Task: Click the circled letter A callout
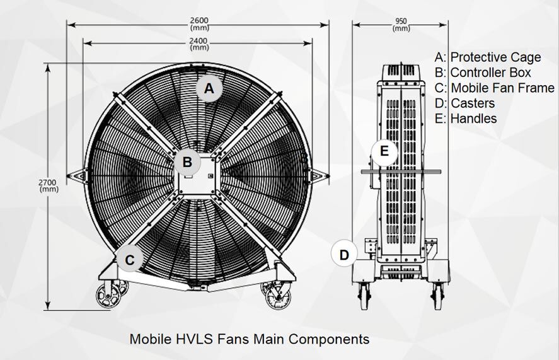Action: tap(209, 88)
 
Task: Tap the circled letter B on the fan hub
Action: tap(187, 162)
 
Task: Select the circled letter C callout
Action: tap(130, 260)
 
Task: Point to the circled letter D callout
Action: tap(344, 255)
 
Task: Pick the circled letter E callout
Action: tap(384, 151)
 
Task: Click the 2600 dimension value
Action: tap(199, 21)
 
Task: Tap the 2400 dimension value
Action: tap(199, 41)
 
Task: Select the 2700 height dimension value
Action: tap(48, 183)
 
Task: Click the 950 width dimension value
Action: tap(401, 21)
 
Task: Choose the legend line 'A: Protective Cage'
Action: tap(488, 57)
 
